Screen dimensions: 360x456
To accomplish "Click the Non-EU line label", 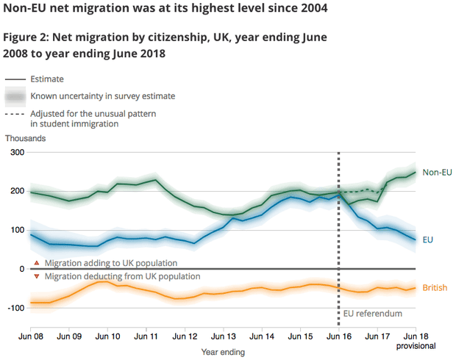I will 437,172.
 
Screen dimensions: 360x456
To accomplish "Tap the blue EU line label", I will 428,240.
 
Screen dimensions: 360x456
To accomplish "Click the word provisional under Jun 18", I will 416,345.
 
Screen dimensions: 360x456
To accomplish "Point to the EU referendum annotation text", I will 374,314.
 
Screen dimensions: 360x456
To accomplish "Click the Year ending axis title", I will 223,352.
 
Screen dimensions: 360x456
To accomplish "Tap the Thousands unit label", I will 26,137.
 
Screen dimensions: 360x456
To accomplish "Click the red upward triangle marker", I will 37,262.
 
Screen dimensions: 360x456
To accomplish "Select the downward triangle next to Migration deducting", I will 37,276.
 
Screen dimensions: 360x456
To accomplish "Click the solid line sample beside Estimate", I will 14,79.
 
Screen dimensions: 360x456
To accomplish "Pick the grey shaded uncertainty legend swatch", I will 14,96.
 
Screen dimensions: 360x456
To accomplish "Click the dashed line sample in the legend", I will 14,114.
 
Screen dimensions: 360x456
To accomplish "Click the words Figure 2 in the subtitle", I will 29,37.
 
